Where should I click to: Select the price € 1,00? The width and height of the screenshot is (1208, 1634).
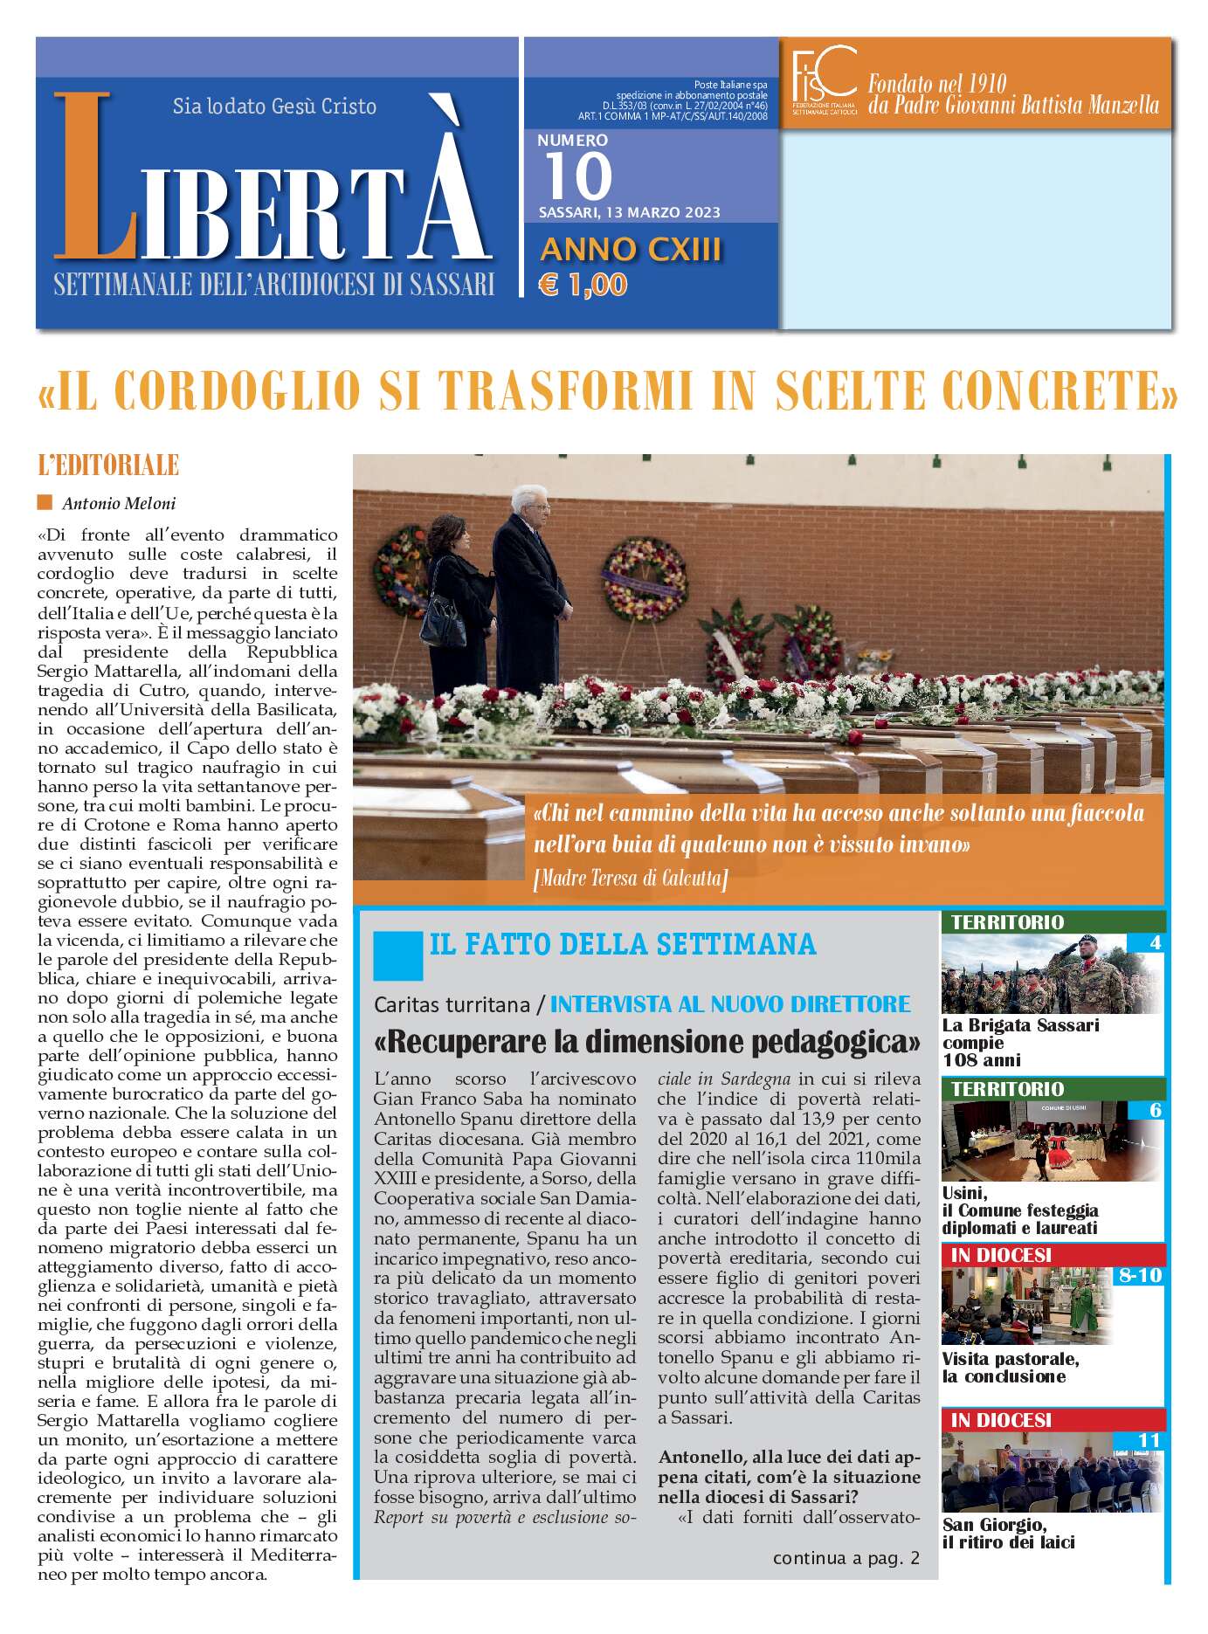coord(583,285)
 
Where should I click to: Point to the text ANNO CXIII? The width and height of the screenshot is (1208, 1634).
coord(631,250)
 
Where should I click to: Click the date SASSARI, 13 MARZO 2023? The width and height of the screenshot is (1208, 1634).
coord(629,212)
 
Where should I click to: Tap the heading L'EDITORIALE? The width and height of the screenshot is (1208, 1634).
coord(108,465)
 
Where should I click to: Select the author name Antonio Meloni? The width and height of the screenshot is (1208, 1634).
coord(119,503)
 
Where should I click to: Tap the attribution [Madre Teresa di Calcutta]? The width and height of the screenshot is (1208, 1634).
coord(630,878)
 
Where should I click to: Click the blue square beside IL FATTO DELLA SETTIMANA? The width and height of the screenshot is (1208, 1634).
coord(397,955)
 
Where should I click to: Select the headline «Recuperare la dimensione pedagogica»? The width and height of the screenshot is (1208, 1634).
coord(646,1041)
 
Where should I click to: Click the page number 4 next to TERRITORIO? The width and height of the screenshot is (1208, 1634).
coord(1155,943)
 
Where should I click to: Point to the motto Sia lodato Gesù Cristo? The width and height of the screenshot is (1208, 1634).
coord(274,107)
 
